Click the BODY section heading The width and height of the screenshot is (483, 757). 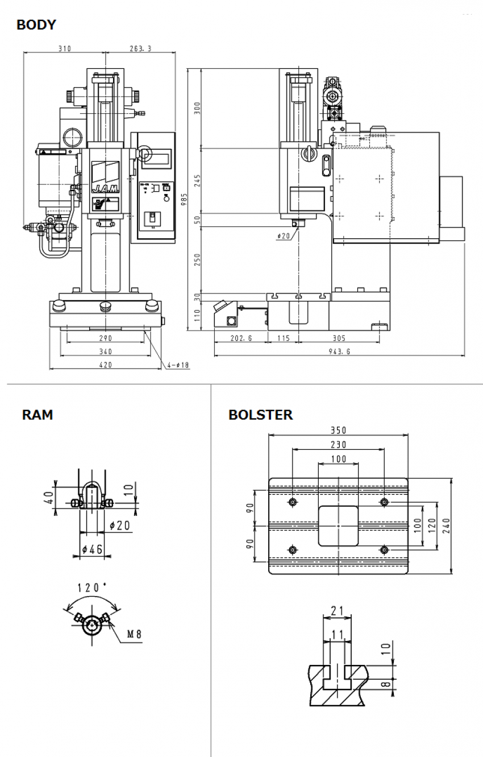click(36, 25)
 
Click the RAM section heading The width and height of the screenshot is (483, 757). click(38, 415)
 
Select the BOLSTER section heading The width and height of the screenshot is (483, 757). click(261, 415)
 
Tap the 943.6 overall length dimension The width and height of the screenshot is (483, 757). click(339, 351)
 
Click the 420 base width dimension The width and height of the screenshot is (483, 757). click(106, 365)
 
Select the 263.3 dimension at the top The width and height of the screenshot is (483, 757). click(140, 49)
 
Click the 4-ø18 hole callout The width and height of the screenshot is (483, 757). click(177, 365)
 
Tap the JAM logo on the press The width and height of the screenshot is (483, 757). click(106, 187)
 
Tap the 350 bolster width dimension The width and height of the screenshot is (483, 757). click(339, 431)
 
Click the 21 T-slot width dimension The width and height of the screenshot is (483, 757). click(338, 610)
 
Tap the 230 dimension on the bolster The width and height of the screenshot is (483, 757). click(339, 444)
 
